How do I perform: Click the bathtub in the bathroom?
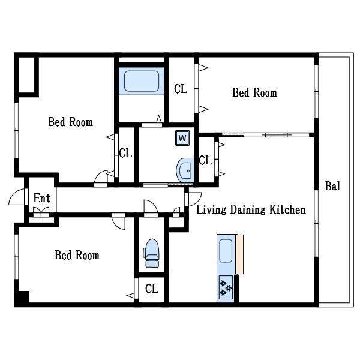[142, 81]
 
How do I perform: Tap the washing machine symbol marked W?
[182, 138]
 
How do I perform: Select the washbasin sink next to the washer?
[185, 170]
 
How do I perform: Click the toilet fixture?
[151, 253]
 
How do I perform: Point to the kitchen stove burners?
[226, 287]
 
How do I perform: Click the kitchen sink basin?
[226, 251]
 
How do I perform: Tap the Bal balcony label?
[332, 186]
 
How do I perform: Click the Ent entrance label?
[41, 198]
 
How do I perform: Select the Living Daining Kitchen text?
[251, 209]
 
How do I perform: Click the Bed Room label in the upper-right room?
[254, 92]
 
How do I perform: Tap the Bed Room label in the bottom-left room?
[77, 255]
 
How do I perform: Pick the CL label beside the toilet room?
[152, 289]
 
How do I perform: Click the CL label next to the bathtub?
[181, 89]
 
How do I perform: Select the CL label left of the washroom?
[125, 153]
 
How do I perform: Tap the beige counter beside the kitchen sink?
[239, 254]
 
